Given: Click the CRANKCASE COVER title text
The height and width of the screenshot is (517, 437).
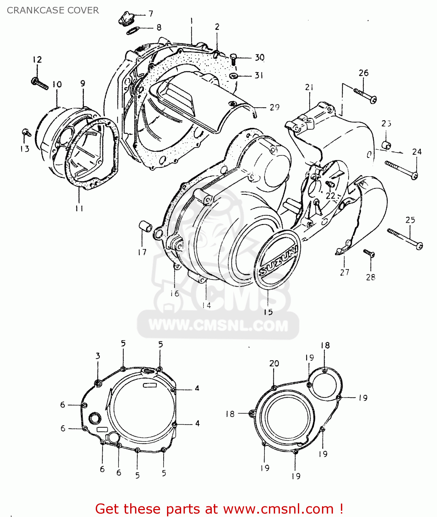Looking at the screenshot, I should pos(53,10).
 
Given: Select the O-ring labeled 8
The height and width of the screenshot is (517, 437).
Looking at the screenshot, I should pos(133,31).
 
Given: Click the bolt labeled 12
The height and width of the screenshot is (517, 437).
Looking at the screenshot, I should pos(40,83).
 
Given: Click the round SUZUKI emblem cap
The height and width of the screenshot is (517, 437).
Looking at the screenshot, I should pos(277,258).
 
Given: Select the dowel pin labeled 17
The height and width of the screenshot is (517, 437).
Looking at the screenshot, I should pos(145,227).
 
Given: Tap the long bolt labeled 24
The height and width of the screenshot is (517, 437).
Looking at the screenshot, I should pos(401,170).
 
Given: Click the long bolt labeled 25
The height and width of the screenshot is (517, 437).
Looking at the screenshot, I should pos(405,238).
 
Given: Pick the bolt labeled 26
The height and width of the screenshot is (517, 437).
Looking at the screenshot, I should pos(365,95).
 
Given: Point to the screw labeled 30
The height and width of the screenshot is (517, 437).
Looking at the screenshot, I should pos(233,59).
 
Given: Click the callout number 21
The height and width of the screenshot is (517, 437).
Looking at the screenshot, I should pos(309,88).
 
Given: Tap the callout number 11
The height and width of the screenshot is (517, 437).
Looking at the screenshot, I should pos(79,208).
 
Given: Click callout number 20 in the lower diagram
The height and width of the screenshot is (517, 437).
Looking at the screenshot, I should pos(274,363).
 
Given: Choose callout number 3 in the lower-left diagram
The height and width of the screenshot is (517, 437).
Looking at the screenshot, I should pos(98,356).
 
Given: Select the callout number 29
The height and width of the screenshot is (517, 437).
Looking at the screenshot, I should pos(274,107).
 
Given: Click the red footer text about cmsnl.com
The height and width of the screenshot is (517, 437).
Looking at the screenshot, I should pos(219,509).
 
